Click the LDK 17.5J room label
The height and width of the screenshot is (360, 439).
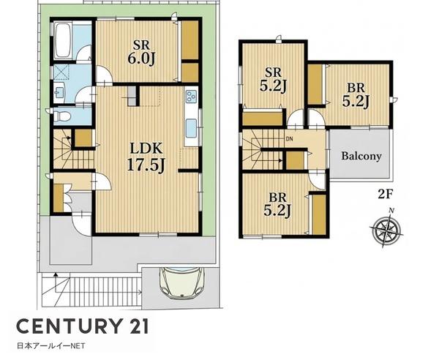(x=146, y=157)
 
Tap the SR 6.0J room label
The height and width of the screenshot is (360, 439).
(x=142, y=53)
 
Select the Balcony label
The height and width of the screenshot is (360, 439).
(x=361, y=156)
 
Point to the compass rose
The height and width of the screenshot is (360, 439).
(x=386, y=228)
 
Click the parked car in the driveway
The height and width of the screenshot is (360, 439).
(x=181, y=283)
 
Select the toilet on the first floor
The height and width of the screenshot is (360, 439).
(x=61, y=115)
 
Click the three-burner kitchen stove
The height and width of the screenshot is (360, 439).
(x=191, y=97)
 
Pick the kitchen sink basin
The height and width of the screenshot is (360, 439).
(x=192, y=129)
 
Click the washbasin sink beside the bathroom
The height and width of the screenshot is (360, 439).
(x=60, y=92)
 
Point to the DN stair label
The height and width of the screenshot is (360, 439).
(x=289, y=138)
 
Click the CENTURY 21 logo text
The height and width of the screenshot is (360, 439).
(x=82, y=326)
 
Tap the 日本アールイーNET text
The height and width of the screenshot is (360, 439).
(x=51, y=346)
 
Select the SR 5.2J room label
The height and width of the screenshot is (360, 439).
(x=273, y=80)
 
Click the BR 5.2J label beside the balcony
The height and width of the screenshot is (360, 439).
(x=356, y=95)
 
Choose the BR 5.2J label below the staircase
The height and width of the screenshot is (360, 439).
(x=277, y=205)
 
